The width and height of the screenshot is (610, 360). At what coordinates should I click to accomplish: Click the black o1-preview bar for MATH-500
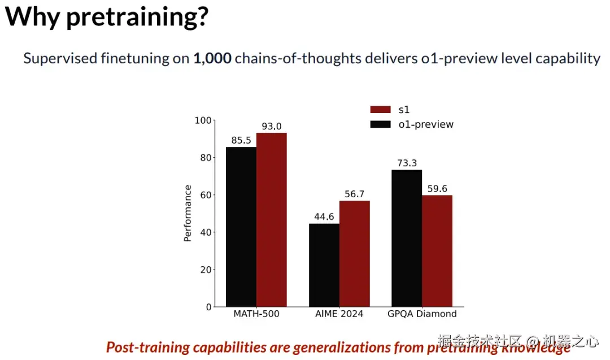pyautogui.click(x=241, y=227)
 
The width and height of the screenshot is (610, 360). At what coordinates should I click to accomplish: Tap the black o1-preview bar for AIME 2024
pyautogui.click(x=324, y=265)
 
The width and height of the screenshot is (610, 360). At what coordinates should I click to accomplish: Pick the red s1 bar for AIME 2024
pyautogui.click(x=355, y=254)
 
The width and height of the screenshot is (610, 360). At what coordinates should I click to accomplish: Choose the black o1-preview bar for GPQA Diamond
pyautogui.click(x=407, y=238)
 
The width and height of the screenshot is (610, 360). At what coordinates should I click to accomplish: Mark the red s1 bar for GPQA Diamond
pyautogui.click(x=437, y=251)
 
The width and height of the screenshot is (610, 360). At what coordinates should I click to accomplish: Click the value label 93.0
pyautogui.click(x=272, y=127)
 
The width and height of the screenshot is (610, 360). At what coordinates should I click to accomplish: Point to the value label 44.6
pyautogui.click(x=324, y=217)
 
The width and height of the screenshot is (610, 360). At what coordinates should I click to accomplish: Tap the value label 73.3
pyautogui.click(x=407, y=163)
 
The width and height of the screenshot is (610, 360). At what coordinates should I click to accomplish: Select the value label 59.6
pyautogui.click(x=437, y=189)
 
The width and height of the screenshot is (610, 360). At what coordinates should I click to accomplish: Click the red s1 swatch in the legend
pyautogui.click(x=381, y=110)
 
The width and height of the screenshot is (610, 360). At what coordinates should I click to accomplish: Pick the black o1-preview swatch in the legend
pyautogui.click(x=381, y=124)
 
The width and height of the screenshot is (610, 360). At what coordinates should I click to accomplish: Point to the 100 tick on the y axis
pyautogui.click(x=203, y=120)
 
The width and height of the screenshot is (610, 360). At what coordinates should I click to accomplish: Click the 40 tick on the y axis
pyautogui.click(x=206, y=232)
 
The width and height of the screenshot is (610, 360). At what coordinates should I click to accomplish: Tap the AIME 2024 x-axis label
pyautogui.click(x=339, y=314)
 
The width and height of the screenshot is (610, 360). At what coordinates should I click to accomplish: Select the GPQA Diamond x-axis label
pyautogui.click(x=422, y=314)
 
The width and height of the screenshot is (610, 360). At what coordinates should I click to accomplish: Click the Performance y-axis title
pyautogui.click(x=188, y=214)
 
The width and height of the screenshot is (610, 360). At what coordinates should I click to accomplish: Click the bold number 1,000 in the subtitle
pyautogui.click(x=212, y=58)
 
